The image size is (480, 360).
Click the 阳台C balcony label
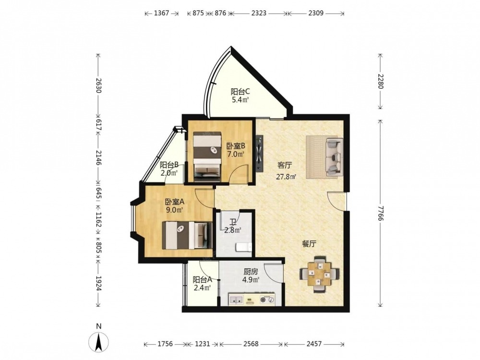coord(240,91)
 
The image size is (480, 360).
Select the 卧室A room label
coord(175,202)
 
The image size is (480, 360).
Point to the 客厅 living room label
coord(285,166)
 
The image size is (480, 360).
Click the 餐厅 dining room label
coord(309,244)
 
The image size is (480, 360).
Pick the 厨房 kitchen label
coord(251,271)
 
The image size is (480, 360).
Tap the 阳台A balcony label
coord(203,279)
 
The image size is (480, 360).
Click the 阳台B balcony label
coord(169,165)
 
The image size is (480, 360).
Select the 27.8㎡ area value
coord(286,177)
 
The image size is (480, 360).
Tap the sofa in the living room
coord(334,157)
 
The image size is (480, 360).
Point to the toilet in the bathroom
coord(244,247)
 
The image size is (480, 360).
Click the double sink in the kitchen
coord(236,300)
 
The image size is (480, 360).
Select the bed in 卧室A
coord(187,235)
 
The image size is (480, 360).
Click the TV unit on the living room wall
coord(260,154)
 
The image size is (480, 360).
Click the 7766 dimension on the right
coord(380,213)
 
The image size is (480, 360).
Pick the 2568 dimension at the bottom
coord(251,344)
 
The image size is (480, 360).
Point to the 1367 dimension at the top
coord(161,13)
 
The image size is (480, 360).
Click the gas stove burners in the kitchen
coord(267,300)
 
